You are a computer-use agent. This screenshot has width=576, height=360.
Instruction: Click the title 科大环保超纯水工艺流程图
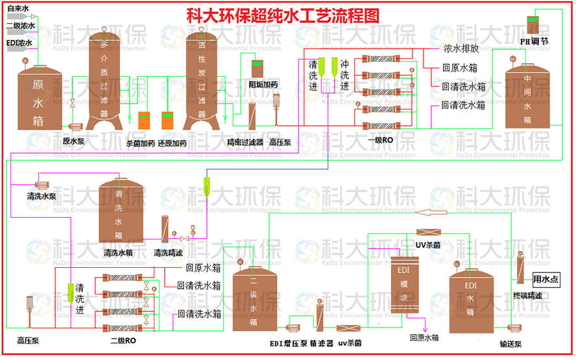(282, 14)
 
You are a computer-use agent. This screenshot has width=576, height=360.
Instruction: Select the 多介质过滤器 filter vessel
(105, 78)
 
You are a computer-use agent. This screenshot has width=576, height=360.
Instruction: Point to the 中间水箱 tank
(526, 97)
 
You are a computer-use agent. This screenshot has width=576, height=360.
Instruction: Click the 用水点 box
(545, 280)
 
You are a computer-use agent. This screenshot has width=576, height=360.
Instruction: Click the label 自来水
(18, 9)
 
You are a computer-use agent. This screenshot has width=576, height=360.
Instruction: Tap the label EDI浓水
(19, 43)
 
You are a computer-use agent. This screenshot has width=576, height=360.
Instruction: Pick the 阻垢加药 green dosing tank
(258, 69)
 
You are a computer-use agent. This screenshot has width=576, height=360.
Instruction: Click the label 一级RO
(379, 139)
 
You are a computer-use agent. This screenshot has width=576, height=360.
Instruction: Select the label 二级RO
(123, 341)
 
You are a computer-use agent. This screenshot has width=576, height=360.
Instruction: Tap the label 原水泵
(75, 140)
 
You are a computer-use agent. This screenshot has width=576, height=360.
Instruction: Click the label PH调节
(534, 42)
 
